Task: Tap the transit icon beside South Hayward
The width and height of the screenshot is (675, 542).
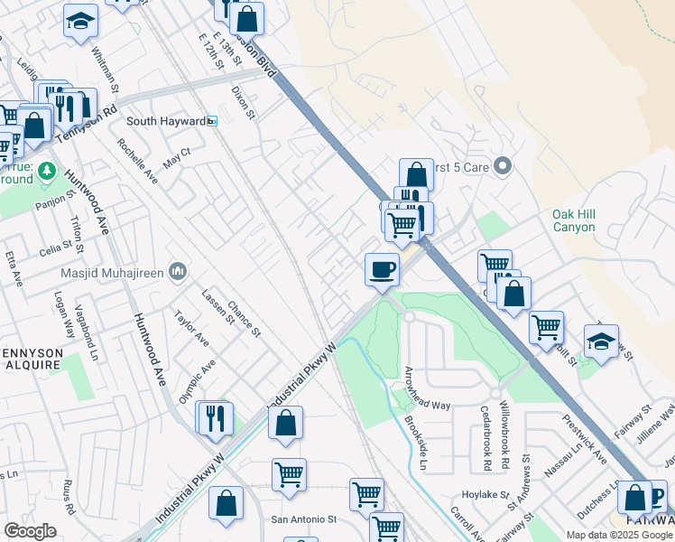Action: (x=212, y=121)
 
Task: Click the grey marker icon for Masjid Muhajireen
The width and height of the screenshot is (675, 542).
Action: (x=178, y=270)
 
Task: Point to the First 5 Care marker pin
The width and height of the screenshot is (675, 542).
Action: (x=504, y=166)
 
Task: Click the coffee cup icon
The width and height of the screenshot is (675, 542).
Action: (x=382, y=269)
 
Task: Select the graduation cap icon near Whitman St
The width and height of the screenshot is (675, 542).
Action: (x=80, y=20)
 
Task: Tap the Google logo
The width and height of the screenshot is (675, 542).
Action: (x=30, y=531)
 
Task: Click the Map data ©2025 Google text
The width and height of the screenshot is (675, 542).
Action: (x=619, y=535)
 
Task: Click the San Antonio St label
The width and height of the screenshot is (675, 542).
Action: (x=304, y=519)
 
